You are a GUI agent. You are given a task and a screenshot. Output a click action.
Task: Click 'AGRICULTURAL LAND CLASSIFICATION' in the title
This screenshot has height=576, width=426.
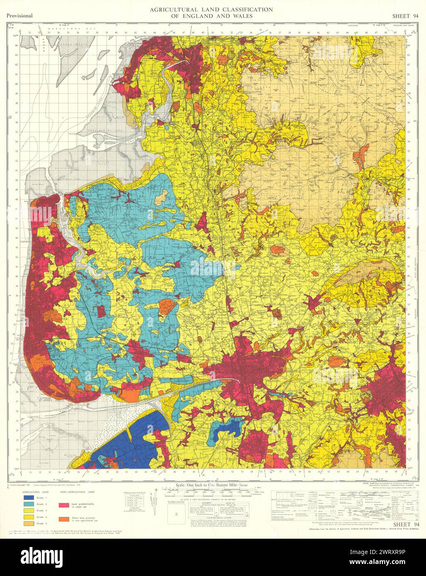pos(211,9)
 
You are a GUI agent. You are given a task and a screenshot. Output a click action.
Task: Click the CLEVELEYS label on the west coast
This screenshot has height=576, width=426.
pos(28,240)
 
